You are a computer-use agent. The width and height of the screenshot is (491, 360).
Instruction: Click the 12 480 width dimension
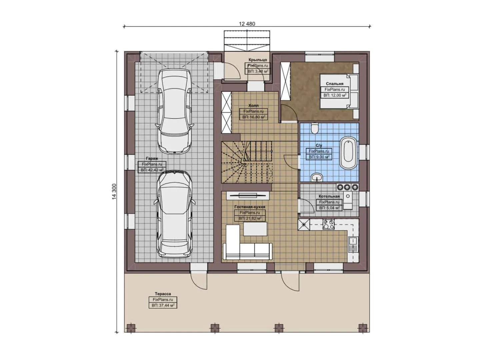[x=247, y=24]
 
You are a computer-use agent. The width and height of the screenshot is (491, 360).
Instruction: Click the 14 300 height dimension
[x=114, y=191]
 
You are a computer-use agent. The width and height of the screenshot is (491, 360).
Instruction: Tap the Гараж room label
[x=152, y=159]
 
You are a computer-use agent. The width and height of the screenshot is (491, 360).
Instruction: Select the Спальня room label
[x=335, y=84]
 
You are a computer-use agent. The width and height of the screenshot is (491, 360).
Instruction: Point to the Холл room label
[x=253, y=105]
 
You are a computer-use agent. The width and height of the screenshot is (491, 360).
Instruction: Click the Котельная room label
[x=329, y=196]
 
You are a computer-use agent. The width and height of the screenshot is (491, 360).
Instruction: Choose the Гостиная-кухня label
[x=250, y=207]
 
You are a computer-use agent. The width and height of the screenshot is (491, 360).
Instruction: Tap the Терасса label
[x=163, y=294]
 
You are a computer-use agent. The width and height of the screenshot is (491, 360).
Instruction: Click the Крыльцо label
[x=258, y=60]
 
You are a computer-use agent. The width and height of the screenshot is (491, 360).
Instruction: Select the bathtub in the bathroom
[x=348, y=154]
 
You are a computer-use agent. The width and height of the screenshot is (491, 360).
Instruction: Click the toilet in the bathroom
[x=314, y=128]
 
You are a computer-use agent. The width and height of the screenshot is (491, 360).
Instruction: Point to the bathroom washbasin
[x=317, y=177]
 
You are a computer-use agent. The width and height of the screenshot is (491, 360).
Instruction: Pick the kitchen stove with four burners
[x=328, y=224]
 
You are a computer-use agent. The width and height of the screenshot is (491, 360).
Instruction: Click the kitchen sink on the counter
[x=353, y=244]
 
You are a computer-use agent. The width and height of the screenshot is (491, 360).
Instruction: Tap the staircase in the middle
[x=247, y=162]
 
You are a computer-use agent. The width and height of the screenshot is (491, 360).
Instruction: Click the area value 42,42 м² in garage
[x=152, y=170]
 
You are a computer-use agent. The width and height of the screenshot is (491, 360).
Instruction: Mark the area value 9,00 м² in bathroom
[x=319, y=157]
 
